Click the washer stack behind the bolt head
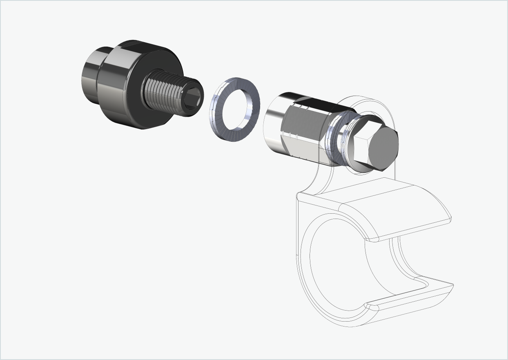pyautogui.click(x=341, y=141)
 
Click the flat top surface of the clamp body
pyautogui.click(x=368, y=192)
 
